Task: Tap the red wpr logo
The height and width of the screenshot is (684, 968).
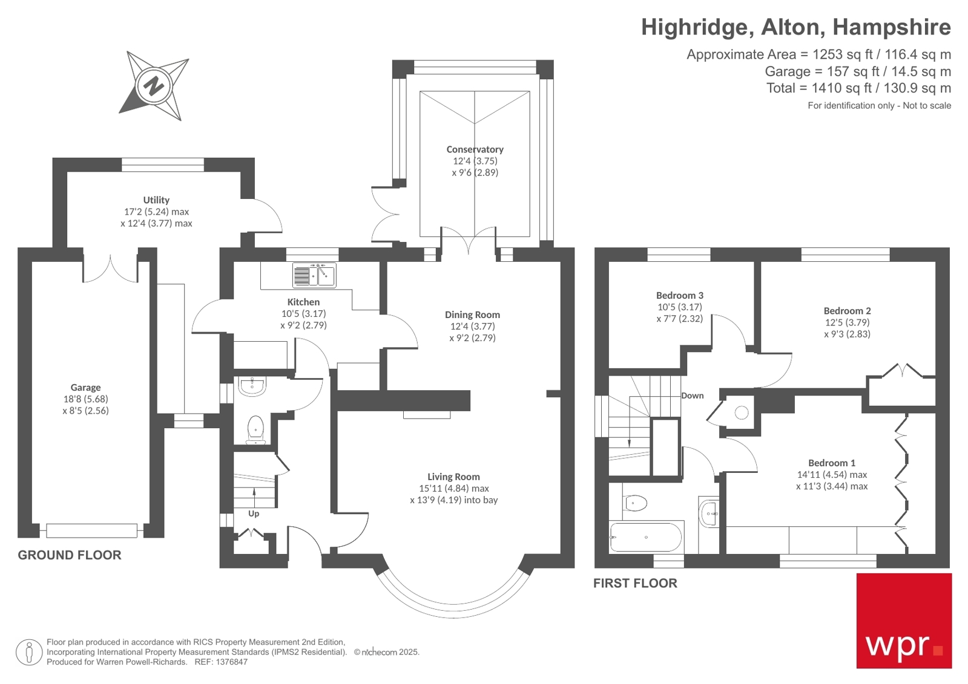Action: [x=904, y=621]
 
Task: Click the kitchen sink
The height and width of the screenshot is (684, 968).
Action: [x=314, y=275]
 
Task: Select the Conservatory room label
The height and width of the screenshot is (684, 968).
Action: [x=475, y=149]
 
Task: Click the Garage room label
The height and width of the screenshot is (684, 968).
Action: [x=85, y=388]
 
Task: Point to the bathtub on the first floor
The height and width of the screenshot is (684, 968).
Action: [x=645, y=537]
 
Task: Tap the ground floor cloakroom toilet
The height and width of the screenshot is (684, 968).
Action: [x=256, y=428]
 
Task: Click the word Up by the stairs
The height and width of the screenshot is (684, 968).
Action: [x=254, y=513]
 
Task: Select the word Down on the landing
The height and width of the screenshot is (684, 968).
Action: [x=692, y=396]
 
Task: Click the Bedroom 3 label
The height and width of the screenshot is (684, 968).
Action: [x=679, y=296]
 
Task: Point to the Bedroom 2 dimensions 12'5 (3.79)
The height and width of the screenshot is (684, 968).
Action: [x=847, y=322]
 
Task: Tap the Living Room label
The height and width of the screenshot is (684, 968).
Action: [x=453, y=477]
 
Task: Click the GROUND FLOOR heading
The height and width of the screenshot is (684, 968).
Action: [x=70, y=555]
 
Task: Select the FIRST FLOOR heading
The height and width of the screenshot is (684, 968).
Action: [x=635, y=583]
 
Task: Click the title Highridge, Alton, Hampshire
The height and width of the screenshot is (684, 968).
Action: [x=795, y=27]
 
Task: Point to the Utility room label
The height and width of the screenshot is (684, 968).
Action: [x=156, y=200]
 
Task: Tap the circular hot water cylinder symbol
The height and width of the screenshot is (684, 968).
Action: [x=742, y=412]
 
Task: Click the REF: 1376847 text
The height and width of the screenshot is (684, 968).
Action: [x=221, y=662]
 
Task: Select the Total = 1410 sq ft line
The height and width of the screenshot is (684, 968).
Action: [x=858, y=88]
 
